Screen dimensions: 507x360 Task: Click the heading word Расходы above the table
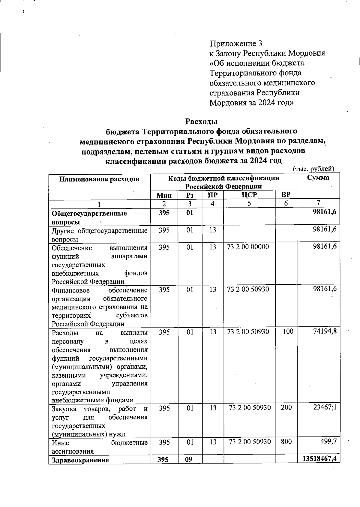point(201,121)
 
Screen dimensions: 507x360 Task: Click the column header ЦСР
point(249,195)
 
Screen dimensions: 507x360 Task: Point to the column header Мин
point(164,196)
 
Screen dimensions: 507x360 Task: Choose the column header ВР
point(286,195)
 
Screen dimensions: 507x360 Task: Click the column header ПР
point(212,195)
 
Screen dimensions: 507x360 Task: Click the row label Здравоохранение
point(80,460)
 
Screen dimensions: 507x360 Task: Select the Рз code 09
point(188,459)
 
